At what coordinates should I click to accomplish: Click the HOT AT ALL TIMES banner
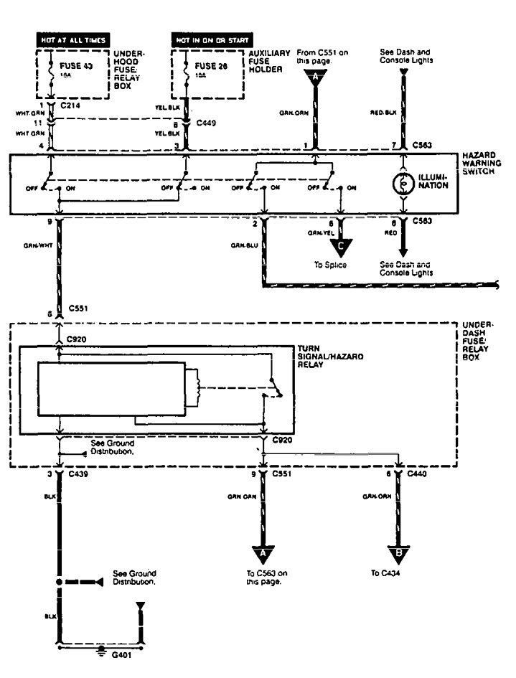pyautogui.click(x=72, y=40)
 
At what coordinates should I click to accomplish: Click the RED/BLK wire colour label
pyautogui.click(x=381, y=113)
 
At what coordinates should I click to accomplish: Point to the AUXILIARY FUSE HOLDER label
pyautogui.click(x=271, y=61)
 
